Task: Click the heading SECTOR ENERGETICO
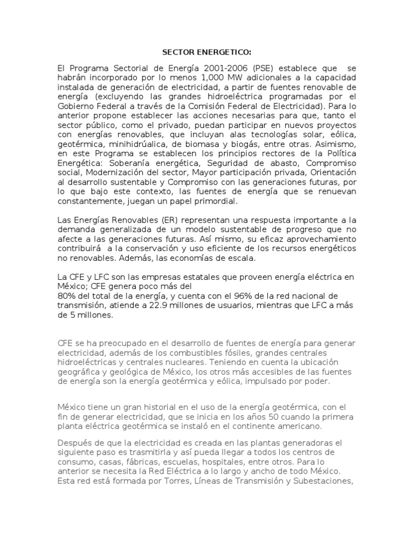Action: click(208, 52)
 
